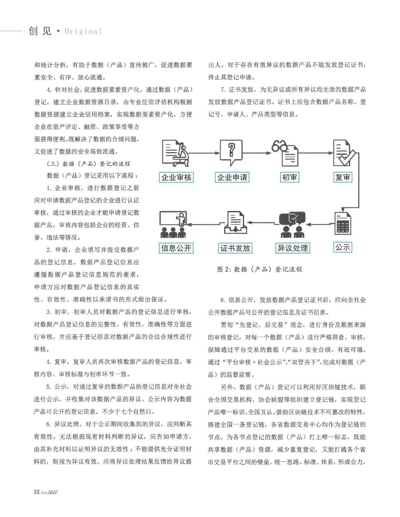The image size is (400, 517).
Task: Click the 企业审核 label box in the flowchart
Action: coord(176,177)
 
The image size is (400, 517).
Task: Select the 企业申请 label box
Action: coord(232,177)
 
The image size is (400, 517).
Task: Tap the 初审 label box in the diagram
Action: coord(289,177)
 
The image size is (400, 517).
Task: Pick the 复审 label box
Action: coord(343,177)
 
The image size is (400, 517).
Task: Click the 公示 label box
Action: coord(343,247)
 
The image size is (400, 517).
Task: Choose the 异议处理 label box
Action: coord(293,248)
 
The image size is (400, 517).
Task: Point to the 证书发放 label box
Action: coord(235,248)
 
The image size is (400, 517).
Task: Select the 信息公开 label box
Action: coord(176,248)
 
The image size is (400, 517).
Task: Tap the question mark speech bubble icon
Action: coord(231,152)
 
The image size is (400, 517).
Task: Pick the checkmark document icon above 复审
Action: coord(343,153)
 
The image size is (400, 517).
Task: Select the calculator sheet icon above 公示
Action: coord(343,223)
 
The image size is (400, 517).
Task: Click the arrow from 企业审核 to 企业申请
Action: coord(203,153)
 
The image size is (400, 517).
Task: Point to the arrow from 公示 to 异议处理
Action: coord(319,224)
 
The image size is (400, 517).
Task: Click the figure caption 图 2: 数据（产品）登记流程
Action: coord(260,270)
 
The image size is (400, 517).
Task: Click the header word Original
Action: coord(83,31)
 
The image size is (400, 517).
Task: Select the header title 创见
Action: coord(40,31)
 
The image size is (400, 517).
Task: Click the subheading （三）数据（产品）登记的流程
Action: coord(89,164)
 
